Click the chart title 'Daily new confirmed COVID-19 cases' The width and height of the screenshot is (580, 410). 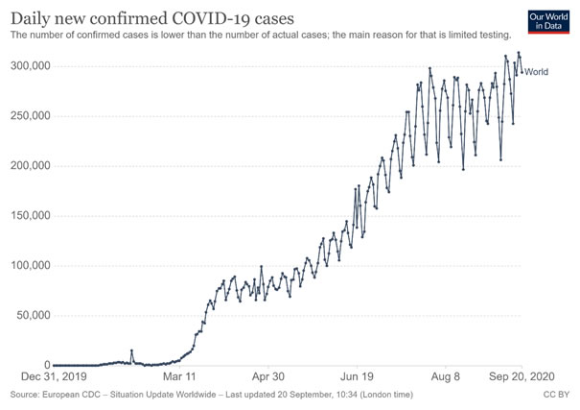[x=152, y=17]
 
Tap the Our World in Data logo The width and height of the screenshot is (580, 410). [x=548, y=22]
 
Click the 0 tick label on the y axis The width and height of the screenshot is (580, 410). [x=44, y=365]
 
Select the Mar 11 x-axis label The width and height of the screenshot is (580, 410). [x=179, y=377]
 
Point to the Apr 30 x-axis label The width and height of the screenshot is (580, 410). [x=269, y=377]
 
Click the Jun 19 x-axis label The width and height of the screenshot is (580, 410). [x=359, y=377]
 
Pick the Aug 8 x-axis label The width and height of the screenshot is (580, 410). [x=447, y=377]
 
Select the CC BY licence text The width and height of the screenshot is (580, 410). [x=557, y=395]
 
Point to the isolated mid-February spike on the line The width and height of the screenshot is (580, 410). [x=131, y=350]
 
